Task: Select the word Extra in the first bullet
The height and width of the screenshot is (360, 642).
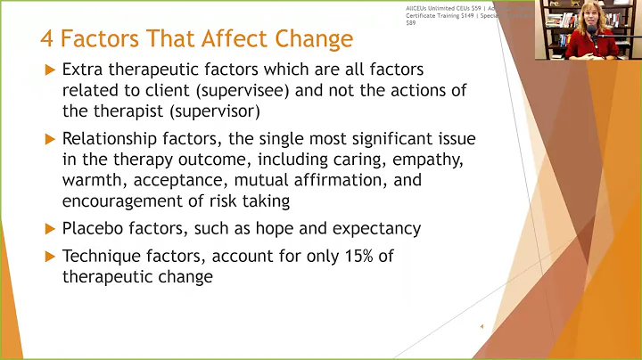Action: [83, 70]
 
